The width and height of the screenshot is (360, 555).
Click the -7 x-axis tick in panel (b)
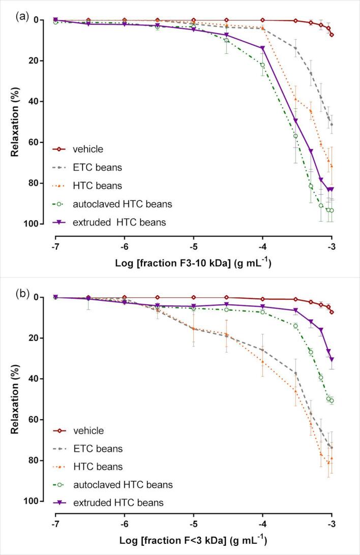click(55, 522)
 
